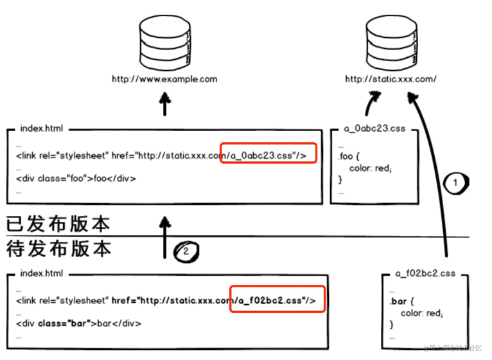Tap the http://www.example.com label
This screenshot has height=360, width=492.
coord(164,79)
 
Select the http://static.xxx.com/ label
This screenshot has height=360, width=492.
coord(391,79)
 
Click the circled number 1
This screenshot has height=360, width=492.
coord(455,183)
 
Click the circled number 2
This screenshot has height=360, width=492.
coord(185,252)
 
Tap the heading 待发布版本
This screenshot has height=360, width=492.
coord(58,248)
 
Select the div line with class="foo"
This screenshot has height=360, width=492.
coord(76,179)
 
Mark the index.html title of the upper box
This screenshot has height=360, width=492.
coord(42,129)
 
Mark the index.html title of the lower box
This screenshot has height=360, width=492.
coord(42,273)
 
